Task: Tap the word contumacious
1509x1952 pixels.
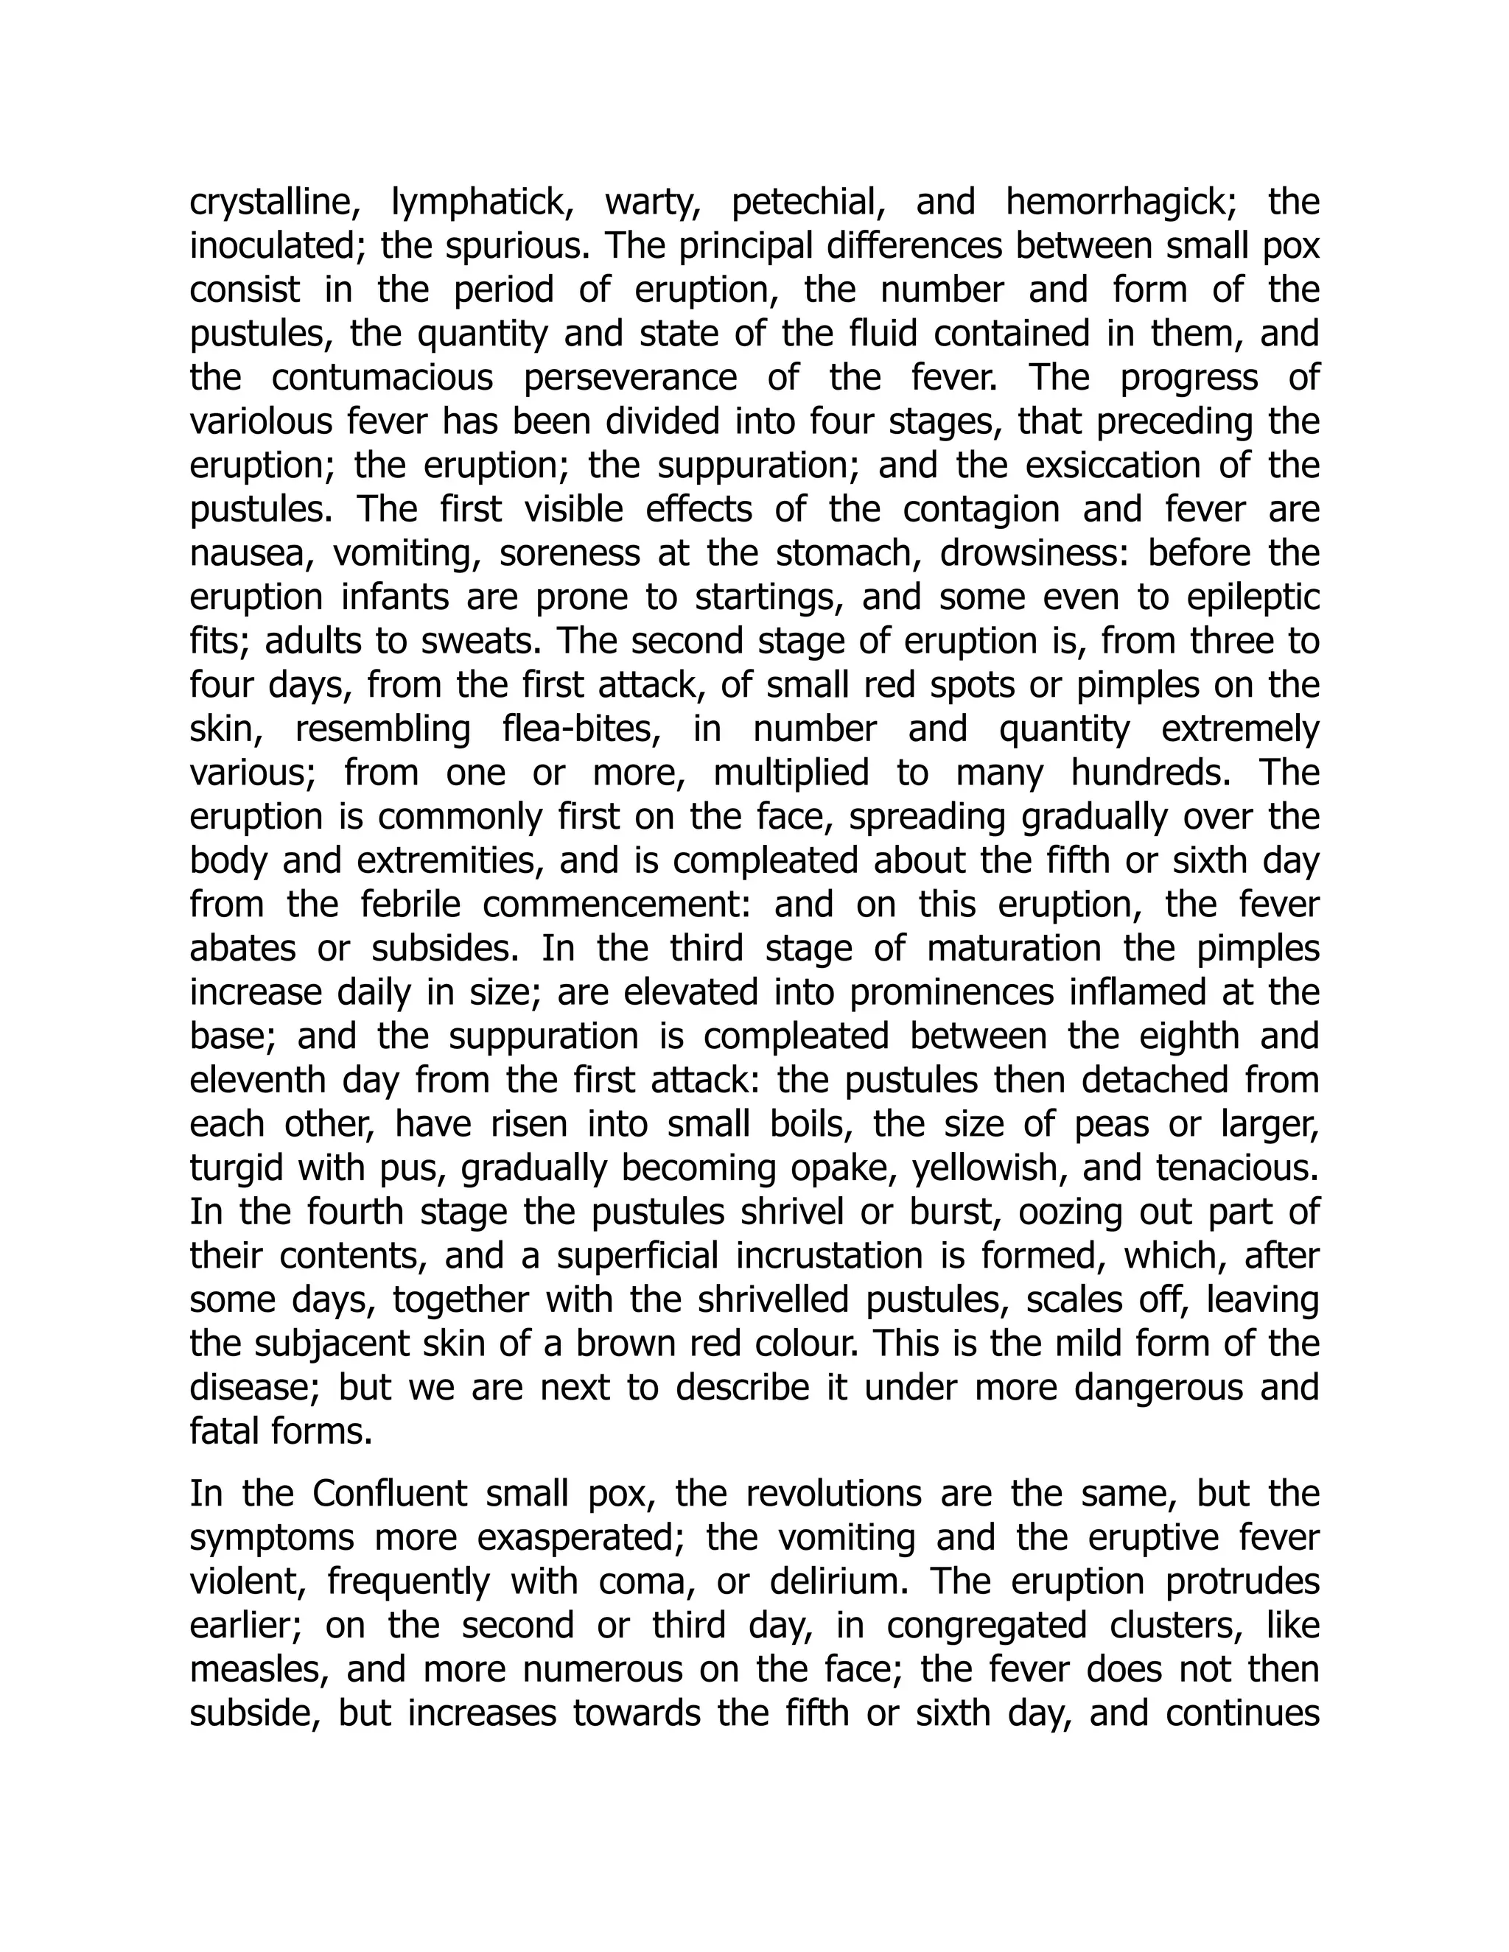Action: tap(382, 378)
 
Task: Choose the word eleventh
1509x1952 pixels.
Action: tap(259, 1080)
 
